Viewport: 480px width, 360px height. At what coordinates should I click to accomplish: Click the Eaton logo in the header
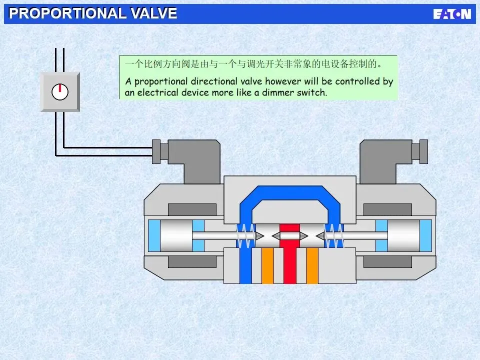tap(452, 13)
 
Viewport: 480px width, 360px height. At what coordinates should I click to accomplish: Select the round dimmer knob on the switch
tap(60, 91)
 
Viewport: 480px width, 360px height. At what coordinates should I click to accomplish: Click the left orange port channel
tap(267, 265)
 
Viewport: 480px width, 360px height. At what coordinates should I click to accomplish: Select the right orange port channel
tap(312, 265)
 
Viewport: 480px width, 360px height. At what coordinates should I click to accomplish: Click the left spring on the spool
tap(244, 235)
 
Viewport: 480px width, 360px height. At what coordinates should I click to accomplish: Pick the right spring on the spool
tap(334, 235)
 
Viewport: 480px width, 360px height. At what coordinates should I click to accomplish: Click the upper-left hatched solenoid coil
tap(192, 209)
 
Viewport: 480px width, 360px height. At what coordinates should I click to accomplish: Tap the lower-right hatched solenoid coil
tap(387, 261)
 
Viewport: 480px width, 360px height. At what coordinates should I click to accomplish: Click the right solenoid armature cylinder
tap(403, 235)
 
